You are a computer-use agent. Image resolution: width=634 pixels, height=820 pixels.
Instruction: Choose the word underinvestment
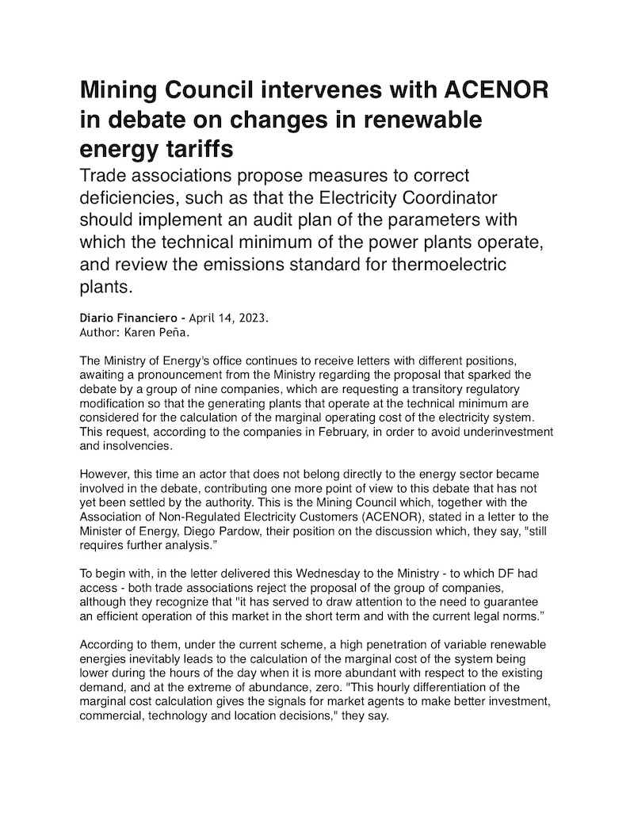pos(509,432)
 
